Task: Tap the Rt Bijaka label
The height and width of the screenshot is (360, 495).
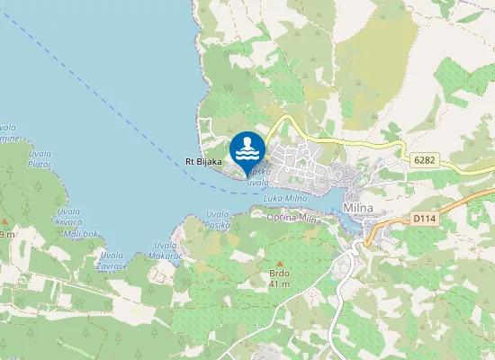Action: click(203, 161)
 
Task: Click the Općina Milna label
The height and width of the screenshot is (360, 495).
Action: click(294, 217)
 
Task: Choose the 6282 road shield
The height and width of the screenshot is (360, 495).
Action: click(425, 158)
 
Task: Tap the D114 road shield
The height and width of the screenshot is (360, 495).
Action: click(423, 218)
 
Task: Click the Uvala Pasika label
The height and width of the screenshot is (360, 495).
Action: click(218, 219)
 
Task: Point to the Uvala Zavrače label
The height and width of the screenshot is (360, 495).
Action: click(112, 260)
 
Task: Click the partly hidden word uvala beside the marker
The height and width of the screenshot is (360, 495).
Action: click(258, 181)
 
